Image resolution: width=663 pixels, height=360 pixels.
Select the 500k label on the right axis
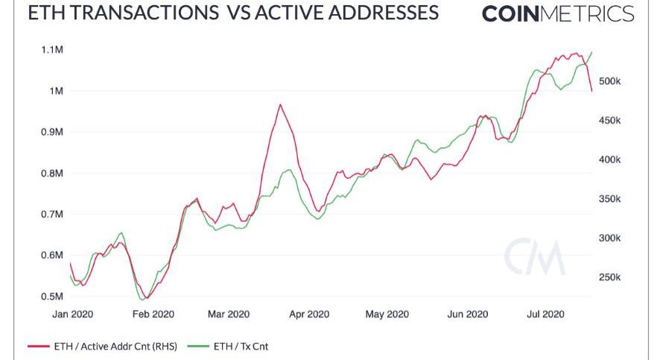click(615, 81)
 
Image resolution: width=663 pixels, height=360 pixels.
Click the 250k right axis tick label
click(615, 277)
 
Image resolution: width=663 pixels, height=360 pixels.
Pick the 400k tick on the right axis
click(615, 160)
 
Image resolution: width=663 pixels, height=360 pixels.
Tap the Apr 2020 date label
click(308, 315)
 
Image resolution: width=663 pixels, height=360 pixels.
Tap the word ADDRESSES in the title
click(371, 13)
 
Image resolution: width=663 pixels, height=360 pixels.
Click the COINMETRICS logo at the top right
click(558, 14)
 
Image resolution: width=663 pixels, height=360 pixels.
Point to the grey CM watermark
click(534, 257)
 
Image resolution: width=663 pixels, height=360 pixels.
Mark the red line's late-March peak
click(280, 104)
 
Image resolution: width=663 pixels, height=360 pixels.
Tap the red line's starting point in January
click(70, 263)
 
